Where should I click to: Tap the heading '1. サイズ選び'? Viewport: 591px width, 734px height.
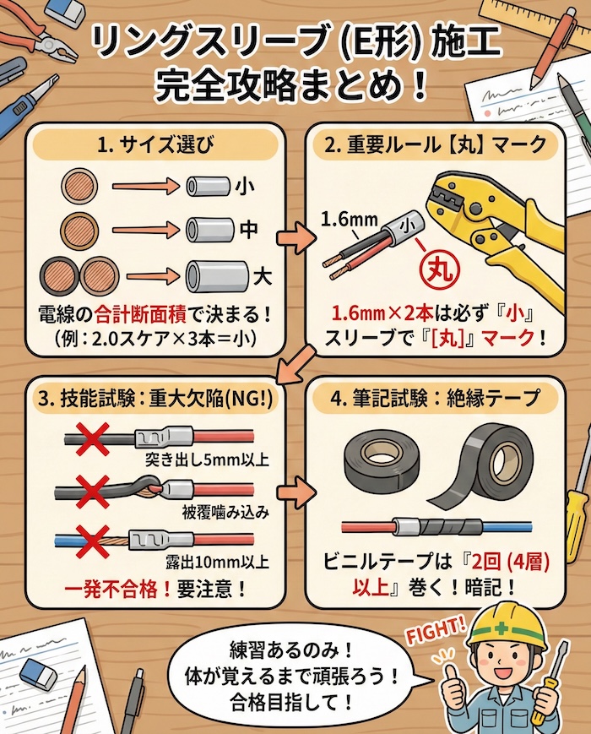pos(155,145)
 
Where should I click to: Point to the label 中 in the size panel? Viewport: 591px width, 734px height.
pos(250,228)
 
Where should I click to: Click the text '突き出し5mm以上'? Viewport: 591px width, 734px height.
pos(207,460)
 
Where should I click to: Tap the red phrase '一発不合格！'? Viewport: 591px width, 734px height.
pos(110,584)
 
